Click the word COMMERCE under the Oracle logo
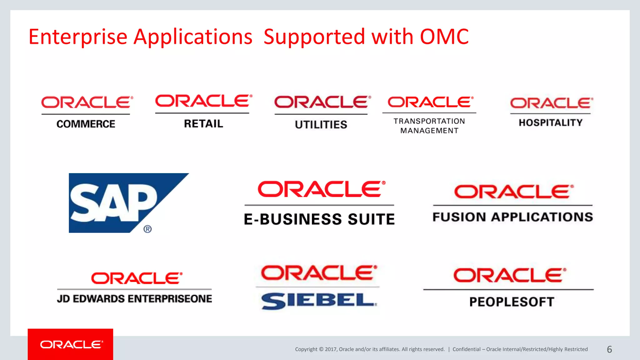point(86,124)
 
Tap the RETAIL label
point(203,124)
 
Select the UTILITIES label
point(321,125)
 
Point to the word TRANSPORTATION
point(429,121)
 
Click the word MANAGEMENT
point(429,131)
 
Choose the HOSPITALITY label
point(551,123)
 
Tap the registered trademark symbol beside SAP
point(147,229)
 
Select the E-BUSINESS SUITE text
point(319,219)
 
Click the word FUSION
point(459,217)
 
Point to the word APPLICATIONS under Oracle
point(542,217)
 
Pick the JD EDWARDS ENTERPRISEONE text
point(134,299)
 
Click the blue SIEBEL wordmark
point(319,301)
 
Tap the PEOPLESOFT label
point(512,302)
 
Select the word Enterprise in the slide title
point(78,37)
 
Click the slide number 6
point(609,349)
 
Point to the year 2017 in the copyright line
point(330,349)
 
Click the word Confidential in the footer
point(466,349)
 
